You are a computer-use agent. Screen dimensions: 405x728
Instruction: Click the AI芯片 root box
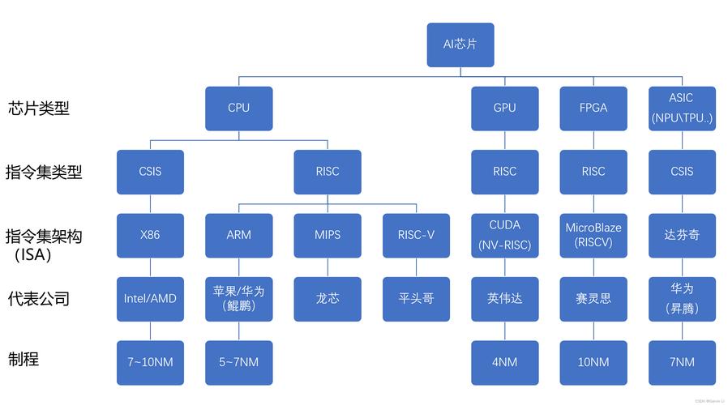460,45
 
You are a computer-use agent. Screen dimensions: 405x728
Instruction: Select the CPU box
238,108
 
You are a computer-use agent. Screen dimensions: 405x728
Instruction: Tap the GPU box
504,108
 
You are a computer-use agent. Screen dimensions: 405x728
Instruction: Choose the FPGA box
593,108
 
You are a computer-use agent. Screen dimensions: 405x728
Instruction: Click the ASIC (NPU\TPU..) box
682,108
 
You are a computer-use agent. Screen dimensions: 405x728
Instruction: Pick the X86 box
150,235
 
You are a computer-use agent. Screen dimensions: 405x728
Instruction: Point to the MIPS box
328,235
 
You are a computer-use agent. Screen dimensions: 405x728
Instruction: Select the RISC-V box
416,235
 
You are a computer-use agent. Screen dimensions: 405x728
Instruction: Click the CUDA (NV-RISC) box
504,235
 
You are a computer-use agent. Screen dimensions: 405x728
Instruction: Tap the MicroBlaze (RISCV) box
593,235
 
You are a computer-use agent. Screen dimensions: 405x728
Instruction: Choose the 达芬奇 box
682,235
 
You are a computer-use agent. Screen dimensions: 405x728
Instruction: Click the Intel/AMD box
150,298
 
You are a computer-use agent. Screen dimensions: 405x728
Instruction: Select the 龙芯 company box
328,298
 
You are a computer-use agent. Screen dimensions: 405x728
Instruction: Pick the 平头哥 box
416,298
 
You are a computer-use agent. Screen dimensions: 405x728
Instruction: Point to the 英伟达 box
504,298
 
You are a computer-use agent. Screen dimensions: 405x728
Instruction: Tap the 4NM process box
504,362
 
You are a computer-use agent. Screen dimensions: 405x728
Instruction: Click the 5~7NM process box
238,362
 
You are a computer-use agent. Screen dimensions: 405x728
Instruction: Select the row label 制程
24,359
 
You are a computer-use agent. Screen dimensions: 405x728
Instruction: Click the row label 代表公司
38,298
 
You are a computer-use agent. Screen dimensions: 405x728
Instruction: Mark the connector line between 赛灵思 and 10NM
593,330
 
